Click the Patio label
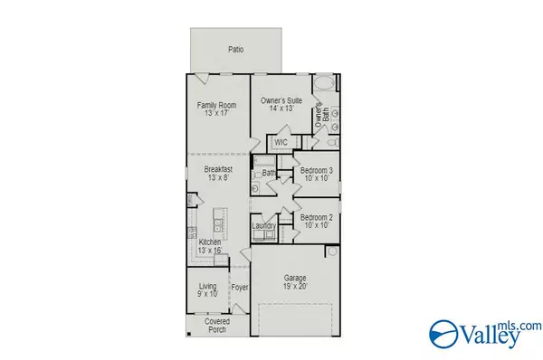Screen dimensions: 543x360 [x=236, y=50]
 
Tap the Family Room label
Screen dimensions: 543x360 [x=217, y=105]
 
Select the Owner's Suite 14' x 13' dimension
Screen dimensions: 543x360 [x=281, y=109]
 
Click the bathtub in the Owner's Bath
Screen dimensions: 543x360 [x=324, y=83]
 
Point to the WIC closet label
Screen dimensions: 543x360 [x=281, y=142]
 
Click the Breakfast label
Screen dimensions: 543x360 [x=218, y=169]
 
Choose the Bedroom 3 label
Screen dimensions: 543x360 [x=317, y=170]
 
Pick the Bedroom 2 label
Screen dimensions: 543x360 [x=317, y=217]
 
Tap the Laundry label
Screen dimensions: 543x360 [x=264, y=226]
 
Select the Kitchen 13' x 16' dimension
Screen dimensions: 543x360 [x=210, y=251]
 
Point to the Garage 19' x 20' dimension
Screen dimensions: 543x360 [x=295, y=286]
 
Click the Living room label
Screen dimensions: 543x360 [x=208, y=286]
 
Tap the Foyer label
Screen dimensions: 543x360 [x=240, y=288]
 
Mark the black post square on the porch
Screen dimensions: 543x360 [x=189, y=334]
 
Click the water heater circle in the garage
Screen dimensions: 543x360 [x=332, y=251]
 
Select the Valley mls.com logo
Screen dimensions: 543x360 [x=485, y=335]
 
